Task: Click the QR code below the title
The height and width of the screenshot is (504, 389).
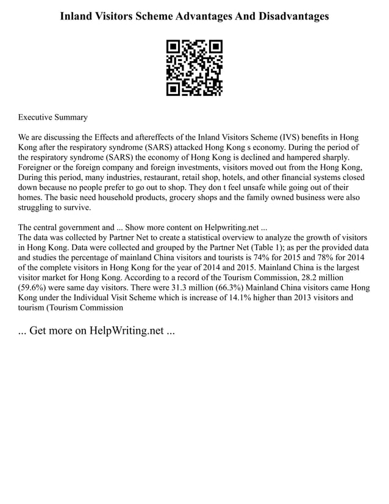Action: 194,68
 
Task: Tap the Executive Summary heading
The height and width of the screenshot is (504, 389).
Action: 53,117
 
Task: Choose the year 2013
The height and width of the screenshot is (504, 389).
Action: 289,298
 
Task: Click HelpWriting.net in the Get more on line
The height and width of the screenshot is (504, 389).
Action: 126,331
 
